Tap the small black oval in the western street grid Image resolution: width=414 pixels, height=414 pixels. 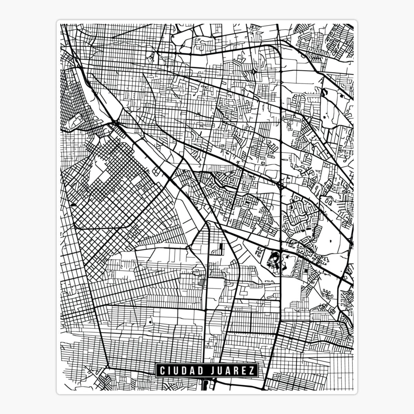pyautogui.click(x=73, y=205)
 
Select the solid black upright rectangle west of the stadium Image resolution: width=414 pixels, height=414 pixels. pyautogui.click(x=220, y=247)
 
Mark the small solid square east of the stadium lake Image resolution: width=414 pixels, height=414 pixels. pyautogui.click(x=306, y=272)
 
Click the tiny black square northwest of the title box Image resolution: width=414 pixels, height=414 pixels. pyautogui.click(x=150, y=321)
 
